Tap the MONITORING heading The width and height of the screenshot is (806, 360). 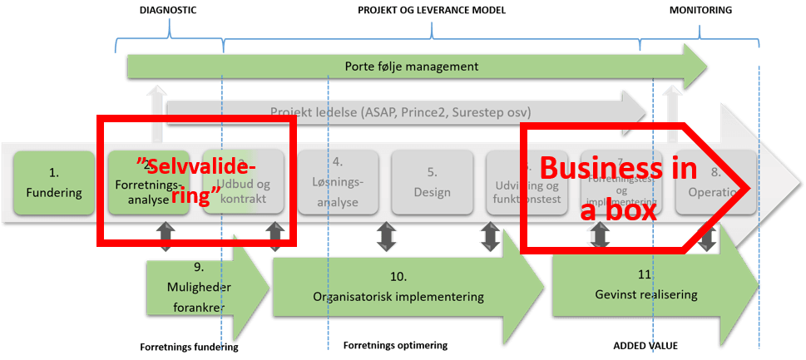point(700,10)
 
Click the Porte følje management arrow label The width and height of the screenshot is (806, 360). point(411,66)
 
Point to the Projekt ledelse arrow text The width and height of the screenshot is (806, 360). point(400,111)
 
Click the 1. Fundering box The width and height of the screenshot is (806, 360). point(53,183)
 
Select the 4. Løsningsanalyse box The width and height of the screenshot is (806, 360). point(337,183)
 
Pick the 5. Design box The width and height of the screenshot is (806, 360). point(433,183)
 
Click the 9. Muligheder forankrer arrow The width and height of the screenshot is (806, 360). point(200,286)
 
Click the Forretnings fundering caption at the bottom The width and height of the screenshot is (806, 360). point(189,348)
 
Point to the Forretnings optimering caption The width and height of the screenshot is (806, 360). point(395,345)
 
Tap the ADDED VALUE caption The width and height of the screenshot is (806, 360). point(647,345)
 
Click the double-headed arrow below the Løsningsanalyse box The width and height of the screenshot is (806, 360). point(383,237)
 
